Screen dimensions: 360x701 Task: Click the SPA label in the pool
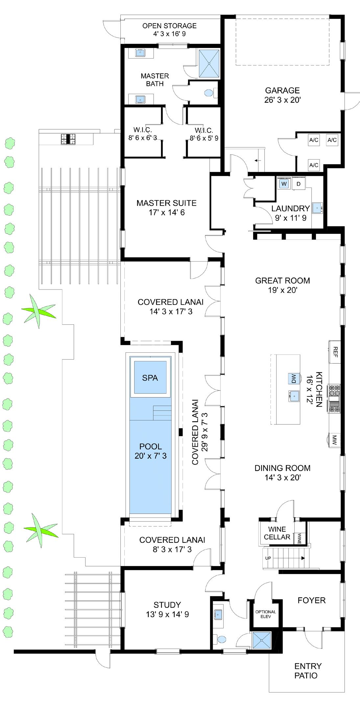pyautogui.click(x=150, y=378)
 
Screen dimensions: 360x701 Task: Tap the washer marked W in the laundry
pyautogui.click(x=284, y=184)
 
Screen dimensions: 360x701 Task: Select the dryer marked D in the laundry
pyautogui.click(x=299, y=184)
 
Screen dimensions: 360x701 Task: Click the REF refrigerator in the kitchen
pyautogui.click(x=335, y=352)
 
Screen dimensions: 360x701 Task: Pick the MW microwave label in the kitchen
pyautogui.click(x=334, y=440)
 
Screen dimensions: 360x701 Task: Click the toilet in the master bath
pyautogui.click(x=208, y=93)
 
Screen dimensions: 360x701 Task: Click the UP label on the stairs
pyautogui.click(x=268, y=558)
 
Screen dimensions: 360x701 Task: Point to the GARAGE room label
pyautogui.click(x=282, y=90)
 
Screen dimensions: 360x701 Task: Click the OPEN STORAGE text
pyautogui.click(x=169, y=26)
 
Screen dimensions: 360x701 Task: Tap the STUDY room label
pyautogui.click(x=167, y=605)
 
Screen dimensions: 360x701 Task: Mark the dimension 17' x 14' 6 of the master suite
pyautogui.click(x=167, y=213)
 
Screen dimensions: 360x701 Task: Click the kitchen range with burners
pyautogui.click(x=334, y=399)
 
